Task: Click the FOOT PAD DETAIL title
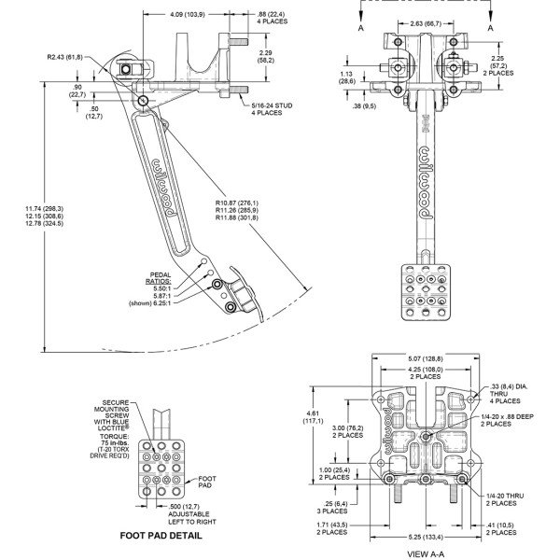[x=162, y=537]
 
